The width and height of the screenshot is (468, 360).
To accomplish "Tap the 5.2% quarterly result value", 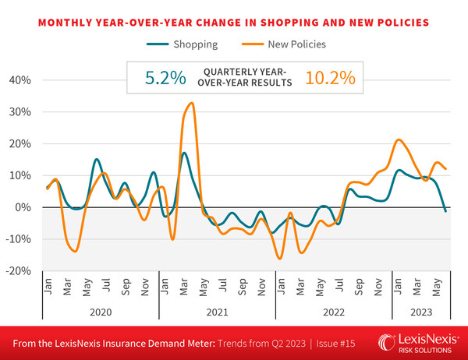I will tap(165, 78).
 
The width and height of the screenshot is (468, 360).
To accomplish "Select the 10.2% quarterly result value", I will tap(331, 78).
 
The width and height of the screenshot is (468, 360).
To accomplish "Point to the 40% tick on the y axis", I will tap(19, 79).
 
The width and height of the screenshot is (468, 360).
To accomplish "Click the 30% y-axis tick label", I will tap(19, 111).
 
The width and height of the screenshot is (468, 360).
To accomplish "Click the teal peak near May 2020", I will tap(96, 160).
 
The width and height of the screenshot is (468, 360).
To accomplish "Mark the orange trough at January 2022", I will tap(280, 258).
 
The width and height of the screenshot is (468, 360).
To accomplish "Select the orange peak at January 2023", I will tap(399, 140).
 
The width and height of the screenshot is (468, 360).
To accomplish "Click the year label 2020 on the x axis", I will tap(100, 310).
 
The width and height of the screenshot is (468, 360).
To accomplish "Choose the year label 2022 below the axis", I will tap(333, 310).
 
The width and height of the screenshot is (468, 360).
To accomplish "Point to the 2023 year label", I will tap(422, 310).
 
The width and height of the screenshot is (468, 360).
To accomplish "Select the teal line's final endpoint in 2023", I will tap(445, 211).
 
